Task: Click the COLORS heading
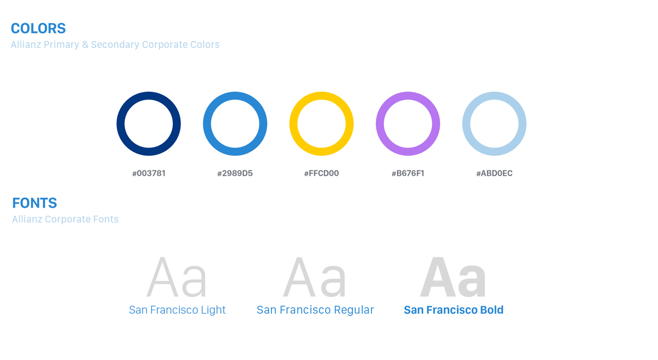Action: (x=38, y=28)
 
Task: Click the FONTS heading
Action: (x=35, y=203)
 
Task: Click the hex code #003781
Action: (x=149, y=173)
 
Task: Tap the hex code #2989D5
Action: (x=235, y=173)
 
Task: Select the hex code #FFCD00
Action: (x=321, y=173)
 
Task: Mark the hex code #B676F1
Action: (x=408, y=173)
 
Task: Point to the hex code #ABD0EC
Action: (x=495, y=173)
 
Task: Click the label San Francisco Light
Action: (x=177, y=310)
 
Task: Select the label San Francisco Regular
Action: (x=315, y=310)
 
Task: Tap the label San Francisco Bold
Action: (x=453, y=310)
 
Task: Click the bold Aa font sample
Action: (x=453, y=277)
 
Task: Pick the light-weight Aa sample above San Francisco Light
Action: (x=177, y=277)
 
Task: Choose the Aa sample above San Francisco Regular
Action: (x=315, y=277)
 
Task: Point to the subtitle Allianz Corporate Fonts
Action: (x=65, y=219)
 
